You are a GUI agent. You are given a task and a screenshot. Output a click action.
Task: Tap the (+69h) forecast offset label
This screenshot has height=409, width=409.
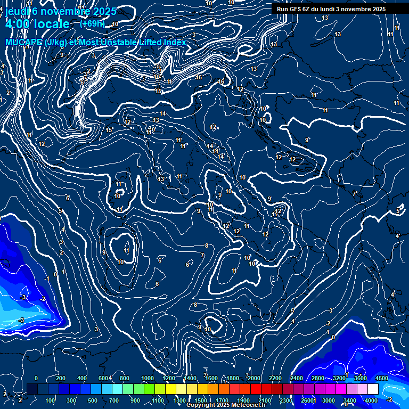click(92, 23)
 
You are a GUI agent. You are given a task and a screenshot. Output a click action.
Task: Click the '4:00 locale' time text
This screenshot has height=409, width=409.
click(37, 24)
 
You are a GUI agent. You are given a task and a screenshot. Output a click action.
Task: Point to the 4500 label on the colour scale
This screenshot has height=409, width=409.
click(381, 378)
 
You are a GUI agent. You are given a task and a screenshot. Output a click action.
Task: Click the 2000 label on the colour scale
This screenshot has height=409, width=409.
click(254, 378)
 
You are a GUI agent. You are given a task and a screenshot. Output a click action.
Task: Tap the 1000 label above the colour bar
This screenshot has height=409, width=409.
click(148, 378)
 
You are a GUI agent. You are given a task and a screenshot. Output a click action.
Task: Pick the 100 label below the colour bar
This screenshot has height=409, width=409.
click(50, 400)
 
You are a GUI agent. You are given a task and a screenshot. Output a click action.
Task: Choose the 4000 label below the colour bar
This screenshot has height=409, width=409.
click(371, 400)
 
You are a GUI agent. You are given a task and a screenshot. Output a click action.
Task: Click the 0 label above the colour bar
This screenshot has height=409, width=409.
click(36, 378)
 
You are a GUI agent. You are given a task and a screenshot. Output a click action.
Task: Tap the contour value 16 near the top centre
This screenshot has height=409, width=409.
click(199, 78)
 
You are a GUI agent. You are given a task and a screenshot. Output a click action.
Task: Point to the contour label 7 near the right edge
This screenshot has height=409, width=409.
click(355, 193)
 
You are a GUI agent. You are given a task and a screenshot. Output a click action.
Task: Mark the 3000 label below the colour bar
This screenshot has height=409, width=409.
click(328, 400)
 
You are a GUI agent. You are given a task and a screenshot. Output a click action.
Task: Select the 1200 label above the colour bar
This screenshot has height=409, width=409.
click(169, 378)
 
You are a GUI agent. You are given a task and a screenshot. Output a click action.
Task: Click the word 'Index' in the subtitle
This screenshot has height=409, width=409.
click(175, 42)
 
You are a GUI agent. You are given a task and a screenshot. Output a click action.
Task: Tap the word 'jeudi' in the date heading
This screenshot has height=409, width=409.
click(15, 11)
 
